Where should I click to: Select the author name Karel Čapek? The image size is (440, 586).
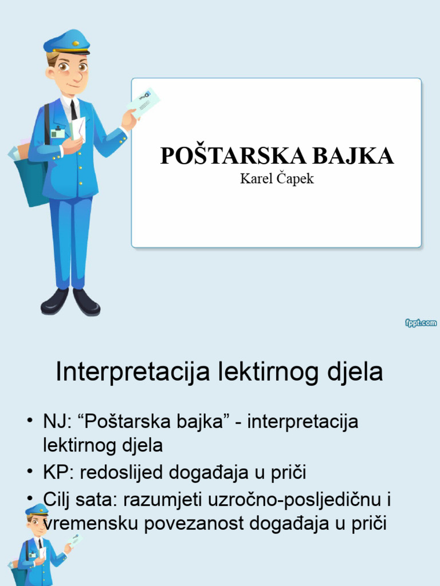pyautogui.click(x=277, y=179)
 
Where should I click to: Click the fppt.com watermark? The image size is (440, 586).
pyautogui.click(x=421, y=323)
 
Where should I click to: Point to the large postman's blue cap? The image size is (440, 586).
pyautogui.click(x=68, y=42)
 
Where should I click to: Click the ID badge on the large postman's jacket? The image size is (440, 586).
pyautogui.click(x=57, y=133)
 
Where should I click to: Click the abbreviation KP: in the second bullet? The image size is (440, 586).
pyautogui.click(x=58, y=473)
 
